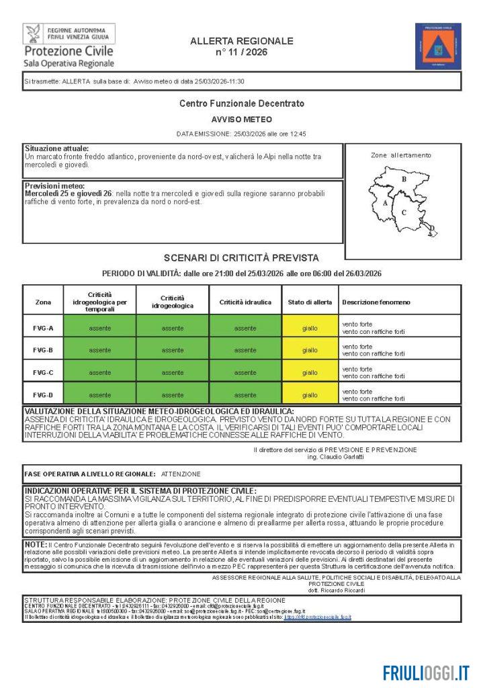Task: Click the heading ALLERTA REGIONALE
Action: coord(242,41)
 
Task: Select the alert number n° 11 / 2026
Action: coord(242,52)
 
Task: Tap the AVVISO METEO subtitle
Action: coord(241,119)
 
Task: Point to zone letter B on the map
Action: coord(404,179)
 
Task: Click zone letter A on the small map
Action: coord(384,202)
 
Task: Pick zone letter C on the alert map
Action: coord(404,212)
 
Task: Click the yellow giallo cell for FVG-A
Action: coord(310,328)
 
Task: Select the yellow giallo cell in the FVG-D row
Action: coord(310,395)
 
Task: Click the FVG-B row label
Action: coord(43,350)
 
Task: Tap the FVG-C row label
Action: coord(43,372)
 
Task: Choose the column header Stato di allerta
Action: coord(310,302)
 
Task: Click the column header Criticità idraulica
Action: coord(245,302)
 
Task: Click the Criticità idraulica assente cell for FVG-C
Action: coord(245,372)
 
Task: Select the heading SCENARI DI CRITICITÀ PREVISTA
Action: coord(241,258)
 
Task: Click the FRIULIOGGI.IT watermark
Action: coord(426,673)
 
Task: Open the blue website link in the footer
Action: coord(317,616)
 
